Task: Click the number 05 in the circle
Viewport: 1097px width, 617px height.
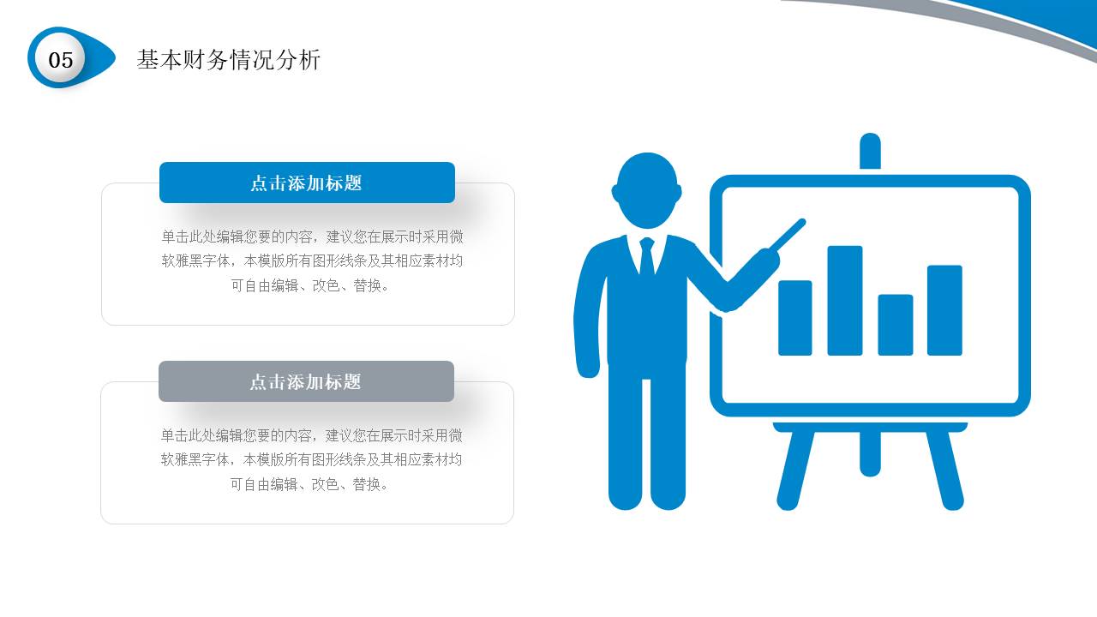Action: point(61,59)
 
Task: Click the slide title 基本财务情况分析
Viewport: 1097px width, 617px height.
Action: point(228,60)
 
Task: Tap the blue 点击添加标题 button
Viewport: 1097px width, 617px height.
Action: point(307,183)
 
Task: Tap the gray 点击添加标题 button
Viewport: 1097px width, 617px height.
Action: point(306,381)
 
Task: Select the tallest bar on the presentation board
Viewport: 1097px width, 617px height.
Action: point(844,300)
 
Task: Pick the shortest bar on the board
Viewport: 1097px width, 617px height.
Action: point(895,325)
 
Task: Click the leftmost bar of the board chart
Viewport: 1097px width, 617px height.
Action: point(794,317)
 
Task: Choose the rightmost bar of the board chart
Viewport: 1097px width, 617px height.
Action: point(944,310)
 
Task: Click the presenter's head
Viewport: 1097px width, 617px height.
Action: point(647,189)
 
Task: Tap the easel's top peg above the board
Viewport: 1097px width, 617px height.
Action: point(870,152)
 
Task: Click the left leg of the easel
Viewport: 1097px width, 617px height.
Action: point(794,469)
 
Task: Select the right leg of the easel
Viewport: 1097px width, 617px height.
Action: point(945,469)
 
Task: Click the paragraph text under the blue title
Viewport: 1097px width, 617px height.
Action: point(312,261)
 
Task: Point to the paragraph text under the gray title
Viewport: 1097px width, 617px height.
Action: point(311,459)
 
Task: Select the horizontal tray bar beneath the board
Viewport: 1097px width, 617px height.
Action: point(870,426)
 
